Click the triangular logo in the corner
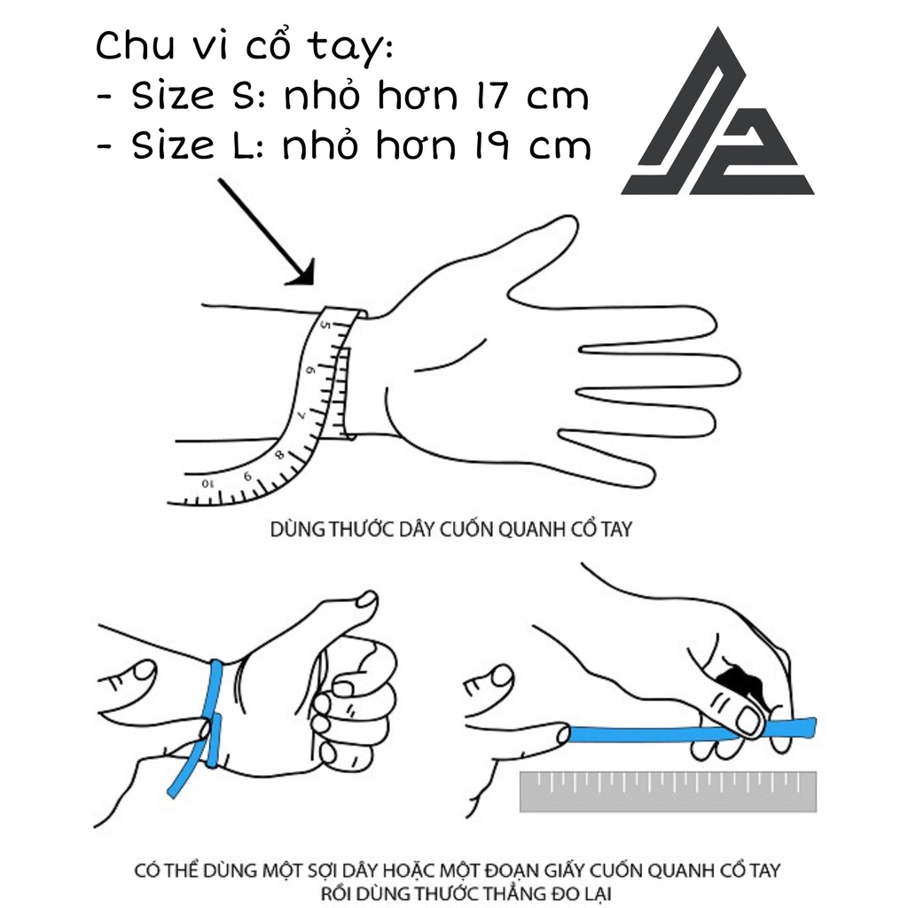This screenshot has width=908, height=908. (718, 116)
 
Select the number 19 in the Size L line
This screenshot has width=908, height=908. (491, 145)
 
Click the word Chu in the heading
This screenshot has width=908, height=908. (135, 45)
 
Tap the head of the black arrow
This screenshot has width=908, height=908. (302, 273)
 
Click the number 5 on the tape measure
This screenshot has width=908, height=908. (325, 325)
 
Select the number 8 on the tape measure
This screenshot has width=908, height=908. (279, 455)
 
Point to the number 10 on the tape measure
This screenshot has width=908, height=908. (207, 483)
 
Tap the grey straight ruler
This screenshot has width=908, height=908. (669, 792)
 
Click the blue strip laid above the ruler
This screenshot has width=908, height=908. (692, 732)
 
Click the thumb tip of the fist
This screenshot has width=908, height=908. (367, 599)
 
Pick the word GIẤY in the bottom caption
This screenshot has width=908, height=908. (563, 871)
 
